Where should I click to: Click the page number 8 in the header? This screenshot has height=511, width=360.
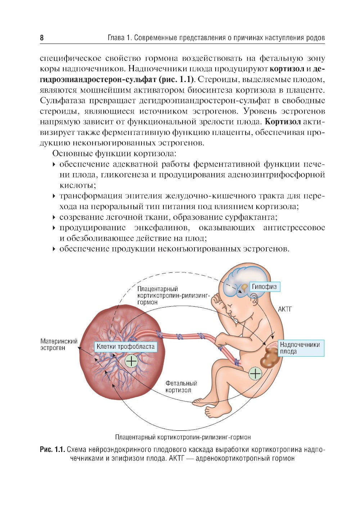42,38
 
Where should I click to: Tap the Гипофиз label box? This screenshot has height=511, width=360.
264,287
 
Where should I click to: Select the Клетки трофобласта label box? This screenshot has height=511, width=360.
126,347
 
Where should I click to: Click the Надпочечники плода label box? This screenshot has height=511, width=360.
300,348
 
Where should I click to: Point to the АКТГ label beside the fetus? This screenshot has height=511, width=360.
284,309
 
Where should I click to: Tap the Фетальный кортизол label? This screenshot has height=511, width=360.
181,387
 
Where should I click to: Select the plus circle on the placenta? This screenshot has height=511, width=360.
131,360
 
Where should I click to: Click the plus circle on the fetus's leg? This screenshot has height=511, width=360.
255,374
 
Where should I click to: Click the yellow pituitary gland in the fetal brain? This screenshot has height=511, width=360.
244,287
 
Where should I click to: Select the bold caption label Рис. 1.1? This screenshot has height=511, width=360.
52,449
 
